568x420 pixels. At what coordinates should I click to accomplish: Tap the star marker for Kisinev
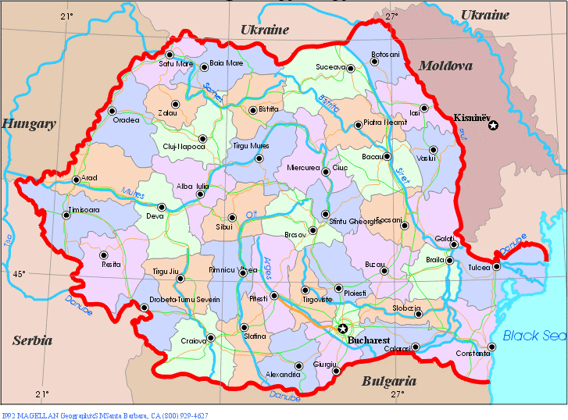(492, 125)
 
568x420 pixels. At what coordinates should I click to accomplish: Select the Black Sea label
(534, 336)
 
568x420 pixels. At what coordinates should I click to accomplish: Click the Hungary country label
(29, 123)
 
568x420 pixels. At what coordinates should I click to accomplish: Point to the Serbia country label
(32, 340)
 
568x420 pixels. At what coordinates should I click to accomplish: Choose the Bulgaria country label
(388, 382)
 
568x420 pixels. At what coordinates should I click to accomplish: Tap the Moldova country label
(445, 66)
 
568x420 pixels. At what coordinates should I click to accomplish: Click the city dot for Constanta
(491, 347)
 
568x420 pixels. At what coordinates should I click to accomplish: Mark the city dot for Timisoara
(66, 215)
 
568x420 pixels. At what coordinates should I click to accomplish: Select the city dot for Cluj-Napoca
(202, 139)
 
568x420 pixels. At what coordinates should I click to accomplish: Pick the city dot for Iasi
(424, 109)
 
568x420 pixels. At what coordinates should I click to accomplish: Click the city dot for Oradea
(112, 111)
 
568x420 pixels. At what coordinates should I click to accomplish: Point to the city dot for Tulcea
(496, 267)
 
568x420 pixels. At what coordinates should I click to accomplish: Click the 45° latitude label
(19, 274)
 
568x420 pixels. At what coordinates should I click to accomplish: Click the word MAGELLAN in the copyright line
(37, 415)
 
